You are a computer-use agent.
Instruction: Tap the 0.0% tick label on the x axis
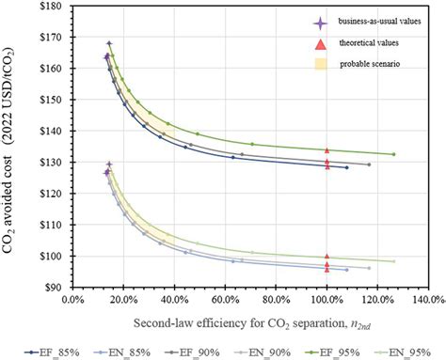tap(72, 302)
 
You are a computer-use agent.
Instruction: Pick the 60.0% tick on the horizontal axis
tap(224, 302)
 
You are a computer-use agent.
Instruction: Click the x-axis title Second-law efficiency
tap(247, 323)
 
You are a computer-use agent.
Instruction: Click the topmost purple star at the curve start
tap(109, 43)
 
